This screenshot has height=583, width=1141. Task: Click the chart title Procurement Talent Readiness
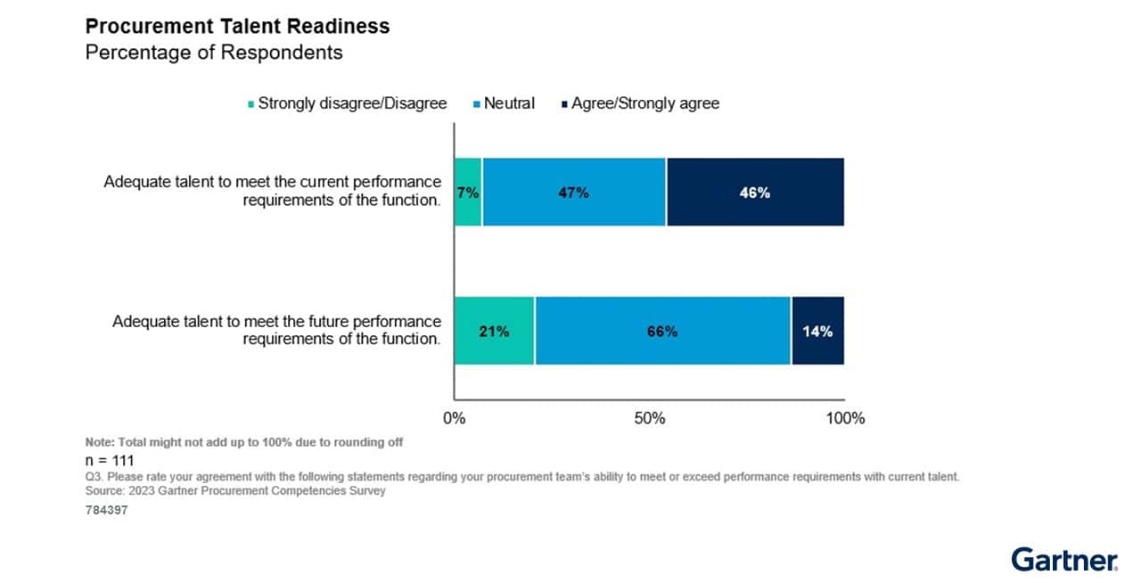pos(237,26)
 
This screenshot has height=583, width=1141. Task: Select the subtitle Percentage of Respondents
pos(214,53)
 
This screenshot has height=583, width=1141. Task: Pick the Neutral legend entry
pos(508,103)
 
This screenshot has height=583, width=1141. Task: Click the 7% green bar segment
pos(468,193)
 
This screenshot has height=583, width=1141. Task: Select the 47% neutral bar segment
pos(574,193)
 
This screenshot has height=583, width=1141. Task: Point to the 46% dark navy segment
pos(754,193)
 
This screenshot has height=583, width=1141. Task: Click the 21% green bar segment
pos(494,331)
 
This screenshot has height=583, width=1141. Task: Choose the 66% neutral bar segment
pos(662,331)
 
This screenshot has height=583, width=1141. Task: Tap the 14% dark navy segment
pos(817,331)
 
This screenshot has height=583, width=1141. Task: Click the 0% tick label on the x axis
pos(455,418)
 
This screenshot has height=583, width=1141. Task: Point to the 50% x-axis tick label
pos(650,418)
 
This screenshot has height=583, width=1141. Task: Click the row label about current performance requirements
pos(272,191)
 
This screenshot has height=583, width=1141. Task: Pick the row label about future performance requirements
pos(276,330)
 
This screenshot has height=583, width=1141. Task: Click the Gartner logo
pos(1064,560)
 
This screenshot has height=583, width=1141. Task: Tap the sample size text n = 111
pos(110,461)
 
